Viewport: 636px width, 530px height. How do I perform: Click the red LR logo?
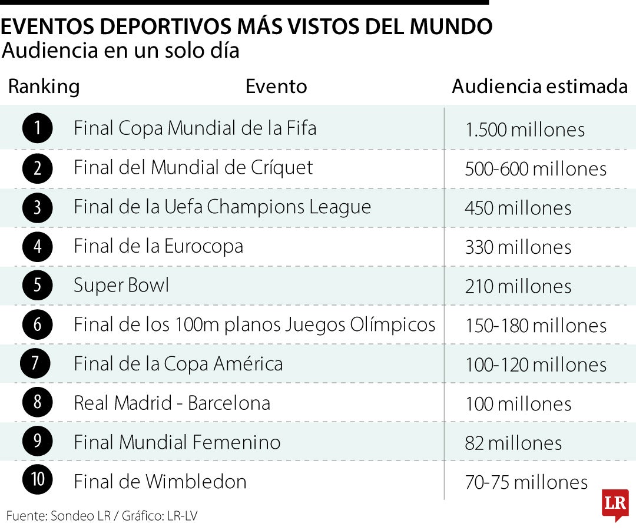tap(615, 504)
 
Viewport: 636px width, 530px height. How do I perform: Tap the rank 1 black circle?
tap(38, 128)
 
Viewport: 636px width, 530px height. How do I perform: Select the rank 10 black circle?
tap(38, 481)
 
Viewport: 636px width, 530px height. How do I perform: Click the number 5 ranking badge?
tap(38, 285)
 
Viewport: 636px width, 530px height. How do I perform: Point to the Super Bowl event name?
tap(121, 286)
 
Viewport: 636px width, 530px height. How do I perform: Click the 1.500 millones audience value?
tap(525, 130)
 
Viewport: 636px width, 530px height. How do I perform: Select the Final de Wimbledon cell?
tap(160, 482)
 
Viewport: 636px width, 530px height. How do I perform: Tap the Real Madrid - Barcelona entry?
tap(172, 403)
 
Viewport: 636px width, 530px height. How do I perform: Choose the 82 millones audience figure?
tap(514, 443)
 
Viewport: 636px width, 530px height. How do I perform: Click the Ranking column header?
tap(44, 87)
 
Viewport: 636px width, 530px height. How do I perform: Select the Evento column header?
tap(276, 87)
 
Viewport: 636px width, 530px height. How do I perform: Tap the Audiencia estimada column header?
tap(539, 87)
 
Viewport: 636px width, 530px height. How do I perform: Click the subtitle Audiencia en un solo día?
tap(121, 51)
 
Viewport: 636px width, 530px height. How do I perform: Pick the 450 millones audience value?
tap(518, 208)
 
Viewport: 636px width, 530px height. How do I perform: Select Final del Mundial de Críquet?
tap(193, 168)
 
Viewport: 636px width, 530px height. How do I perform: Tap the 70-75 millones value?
tap(526, 482)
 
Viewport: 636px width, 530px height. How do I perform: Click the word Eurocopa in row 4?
tap(203, 246)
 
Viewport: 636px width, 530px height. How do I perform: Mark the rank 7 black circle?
tap(35, 363)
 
